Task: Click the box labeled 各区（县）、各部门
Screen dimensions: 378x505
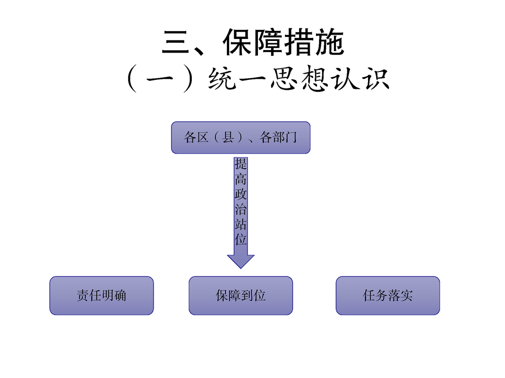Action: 241,138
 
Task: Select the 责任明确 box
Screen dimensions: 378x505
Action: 102,295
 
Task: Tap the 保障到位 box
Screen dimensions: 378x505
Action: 241,295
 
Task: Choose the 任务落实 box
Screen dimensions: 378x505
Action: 388,295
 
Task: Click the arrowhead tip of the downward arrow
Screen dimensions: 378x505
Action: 241,267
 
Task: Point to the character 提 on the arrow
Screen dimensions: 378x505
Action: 241,164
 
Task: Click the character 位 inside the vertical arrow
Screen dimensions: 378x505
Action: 241,240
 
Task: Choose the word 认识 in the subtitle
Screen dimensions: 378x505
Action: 363,79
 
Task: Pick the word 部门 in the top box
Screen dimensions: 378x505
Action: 285,138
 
